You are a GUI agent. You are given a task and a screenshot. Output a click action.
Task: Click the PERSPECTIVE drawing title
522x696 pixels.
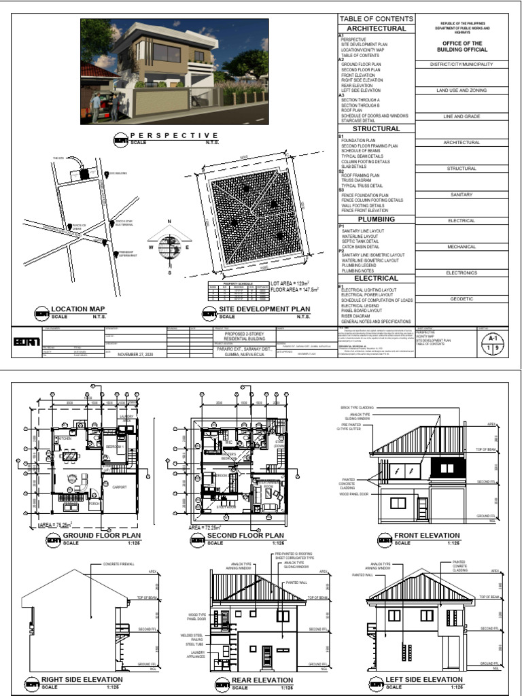tap(174, 136)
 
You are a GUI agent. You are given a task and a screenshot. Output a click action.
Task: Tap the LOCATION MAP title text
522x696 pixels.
tap(79, 309)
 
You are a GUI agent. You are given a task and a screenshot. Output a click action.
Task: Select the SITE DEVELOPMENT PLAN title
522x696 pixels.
tap(265, 309)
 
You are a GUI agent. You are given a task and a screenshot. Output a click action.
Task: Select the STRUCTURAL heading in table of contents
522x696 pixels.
tap(376, 128)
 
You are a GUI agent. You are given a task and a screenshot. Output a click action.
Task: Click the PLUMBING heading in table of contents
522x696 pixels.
tap(376, 220)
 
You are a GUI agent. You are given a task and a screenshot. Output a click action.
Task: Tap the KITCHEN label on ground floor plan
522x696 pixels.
tap(66, 439)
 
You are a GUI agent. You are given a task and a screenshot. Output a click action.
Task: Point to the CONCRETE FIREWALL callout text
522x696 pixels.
tap(118, 563)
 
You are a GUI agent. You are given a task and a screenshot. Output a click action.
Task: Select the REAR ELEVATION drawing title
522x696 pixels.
tap(262, 680)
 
